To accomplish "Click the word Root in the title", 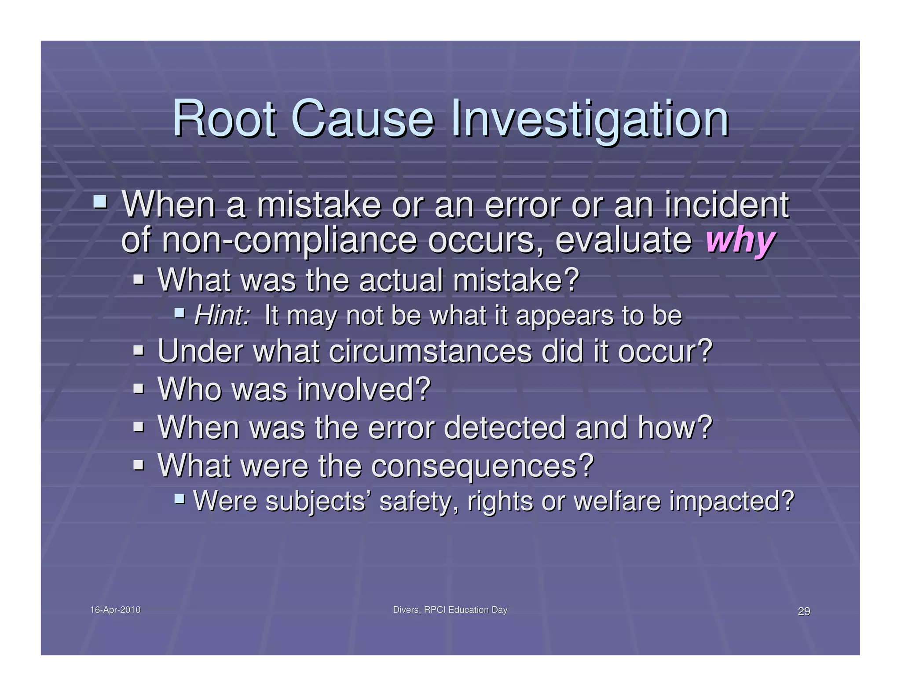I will click(x=224, y=119).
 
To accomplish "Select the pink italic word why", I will click(x=740, y=241).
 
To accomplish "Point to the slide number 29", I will click(x=804, y=611).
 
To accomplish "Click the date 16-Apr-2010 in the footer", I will click(x=115, y=610).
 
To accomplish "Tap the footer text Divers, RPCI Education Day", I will click(x=450, y=610).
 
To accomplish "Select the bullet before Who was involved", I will click(x=139, y=388).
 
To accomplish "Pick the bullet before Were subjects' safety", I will click(x=179, y=498).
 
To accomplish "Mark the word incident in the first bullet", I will click(x=727, y=205).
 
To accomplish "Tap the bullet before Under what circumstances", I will click(x=139, y=351).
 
